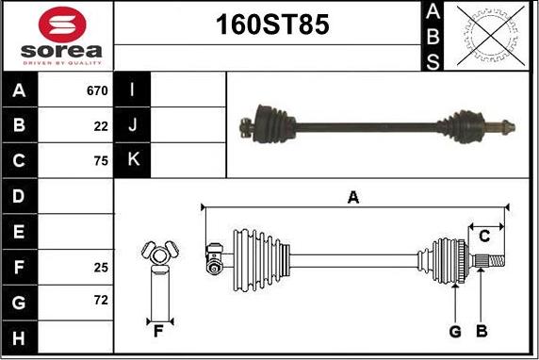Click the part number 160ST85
click(x=272, y=25)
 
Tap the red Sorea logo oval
click(x=62, y=25)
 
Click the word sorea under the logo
click(x=61, y=51)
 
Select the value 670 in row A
click(x=97, y=90)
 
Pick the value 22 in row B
click(x=101, y=126)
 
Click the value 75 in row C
click(x=101, y=161)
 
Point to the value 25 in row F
click(x=101, y=268)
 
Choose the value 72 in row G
click(x=101, y=301)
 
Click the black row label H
click(x=19, y=337)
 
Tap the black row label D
click(x=19, y=196)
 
